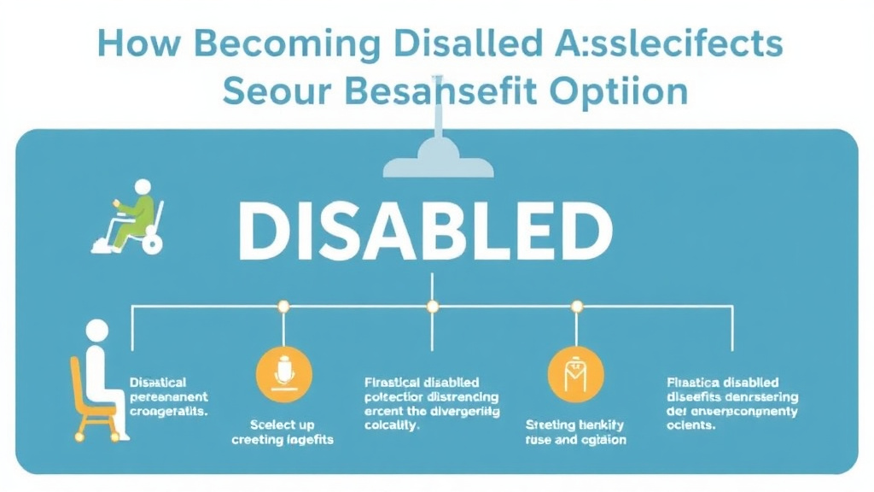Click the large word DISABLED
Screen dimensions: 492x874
pos(424,230)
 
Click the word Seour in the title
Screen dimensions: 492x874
pos(271,91)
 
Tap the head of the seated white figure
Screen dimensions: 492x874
pos(97,331)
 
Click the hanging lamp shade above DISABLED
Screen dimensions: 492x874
pos(438,162)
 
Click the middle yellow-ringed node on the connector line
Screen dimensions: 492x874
pos(432,305)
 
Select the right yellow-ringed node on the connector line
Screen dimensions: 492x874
pos(577,305)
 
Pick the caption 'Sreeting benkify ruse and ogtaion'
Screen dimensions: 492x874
pos(575,431)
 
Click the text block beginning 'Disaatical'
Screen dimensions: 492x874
pos(169,396)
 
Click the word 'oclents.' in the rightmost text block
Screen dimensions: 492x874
pos(690,425)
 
